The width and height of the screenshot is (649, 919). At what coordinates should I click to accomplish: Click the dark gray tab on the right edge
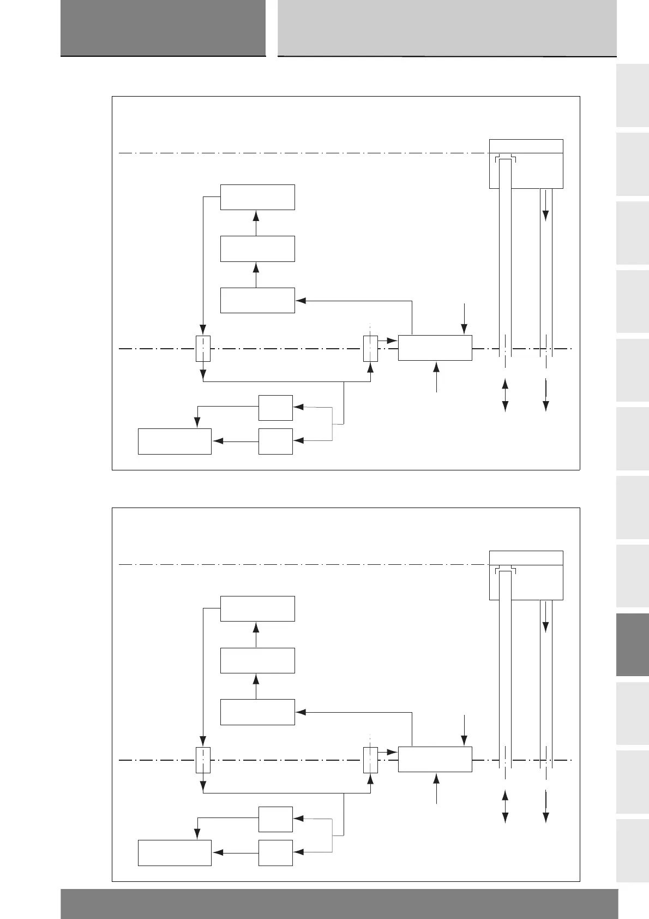(x=633, y=645)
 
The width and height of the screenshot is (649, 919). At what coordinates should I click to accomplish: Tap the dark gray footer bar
(x=339, y=903)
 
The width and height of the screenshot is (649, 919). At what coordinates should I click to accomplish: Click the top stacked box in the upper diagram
(x=257, y=197)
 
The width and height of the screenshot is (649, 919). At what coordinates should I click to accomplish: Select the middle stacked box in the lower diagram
(x=257, y=660)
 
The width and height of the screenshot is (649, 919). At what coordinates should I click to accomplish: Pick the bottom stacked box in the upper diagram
(x=257, y=300)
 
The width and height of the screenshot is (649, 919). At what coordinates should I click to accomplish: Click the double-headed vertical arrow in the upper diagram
(x=505, y=394)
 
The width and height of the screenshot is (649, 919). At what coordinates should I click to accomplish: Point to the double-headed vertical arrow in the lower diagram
(x=505, y=805)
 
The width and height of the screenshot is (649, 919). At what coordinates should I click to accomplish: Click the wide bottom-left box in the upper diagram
(x=175, y=441)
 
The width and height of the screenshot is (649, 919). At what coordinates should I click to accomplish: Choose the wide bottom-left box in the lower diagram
(x=175, y=852)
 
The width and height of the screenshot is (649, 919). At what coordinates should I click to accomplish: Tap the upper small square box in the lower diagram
(x=275, y=819)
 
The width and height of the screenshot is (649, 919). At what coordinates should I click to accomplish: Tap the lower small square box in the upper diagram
(x=275, y=441)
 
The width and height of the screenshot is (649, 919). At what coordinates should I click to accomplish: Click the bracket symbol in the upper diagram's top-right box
(x=505, y=159)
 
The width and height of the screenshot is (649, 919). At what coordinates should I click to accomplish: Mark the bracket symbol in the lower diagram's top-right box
(x=505, y=571)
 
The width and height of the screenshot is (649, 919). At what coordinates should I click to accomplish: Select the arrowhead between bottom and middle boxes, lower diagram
(x=256, y=678)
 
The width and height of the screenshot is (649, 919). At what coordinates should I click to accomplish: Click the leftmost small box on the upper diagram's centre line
(x=203, y=348)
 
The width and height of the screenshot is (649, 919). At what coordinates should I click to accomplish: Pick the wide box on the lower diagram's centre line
(x=435, y=759)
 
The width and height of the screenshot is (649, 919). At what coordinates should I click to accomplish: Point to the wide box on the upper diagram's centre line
(x=435, y=348)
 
